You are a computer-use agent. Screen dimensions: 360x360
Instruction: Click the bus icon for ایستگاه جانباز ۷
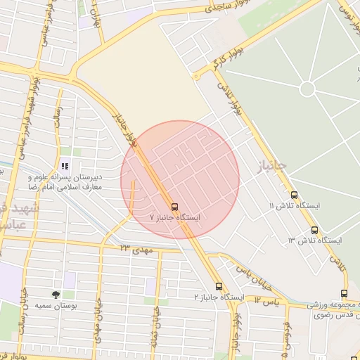[x=174, y=207]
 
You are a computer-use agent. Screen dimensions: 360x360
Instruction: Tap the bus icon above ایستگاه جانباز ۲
[x=219, y=286]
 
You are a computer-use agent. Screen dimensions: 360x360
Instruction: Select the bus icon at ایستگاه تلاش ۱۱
[x=294, y=195]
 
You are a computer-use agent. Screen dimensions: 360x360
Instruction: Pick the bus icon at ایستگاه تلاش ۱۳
[x=314, y=230]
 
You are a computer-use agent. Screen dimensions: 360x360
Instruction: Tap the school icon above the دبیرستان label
[x=65, y=167]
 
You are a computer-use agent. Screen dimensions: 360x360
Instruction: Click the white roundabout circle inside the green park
[x=307, y=89]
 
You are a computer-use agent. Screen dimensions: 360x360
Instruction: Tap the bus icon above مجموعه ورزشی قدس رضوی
[x=344, y=294]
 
